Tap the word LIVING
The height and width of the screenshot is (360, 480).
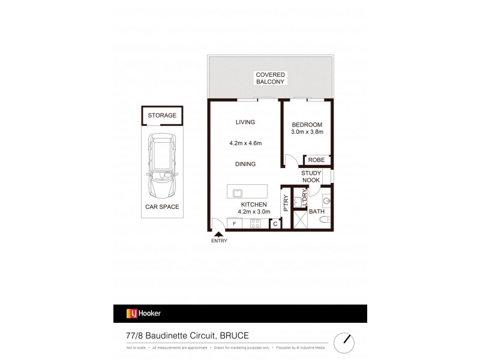coord(245,122)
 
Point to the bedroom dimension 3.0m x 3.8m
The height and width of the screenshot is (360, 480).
coord(307,132)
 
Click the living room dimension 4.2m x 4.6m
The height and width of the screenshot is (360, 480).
coord(245,143)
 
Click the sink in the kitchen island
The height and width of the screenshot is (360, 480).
coord(238,193)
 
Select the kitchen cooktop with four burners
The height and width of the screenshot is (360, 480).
coord(255,224)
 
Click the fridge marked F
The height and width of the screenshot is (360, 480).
coord(235,224)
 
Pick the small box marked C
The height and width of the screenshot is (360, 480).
coord(275,224)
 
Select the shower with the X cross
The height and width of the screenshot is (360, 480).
coord(299,218)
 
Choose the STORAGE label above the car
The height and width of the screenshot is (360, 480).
coord(162,115)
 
